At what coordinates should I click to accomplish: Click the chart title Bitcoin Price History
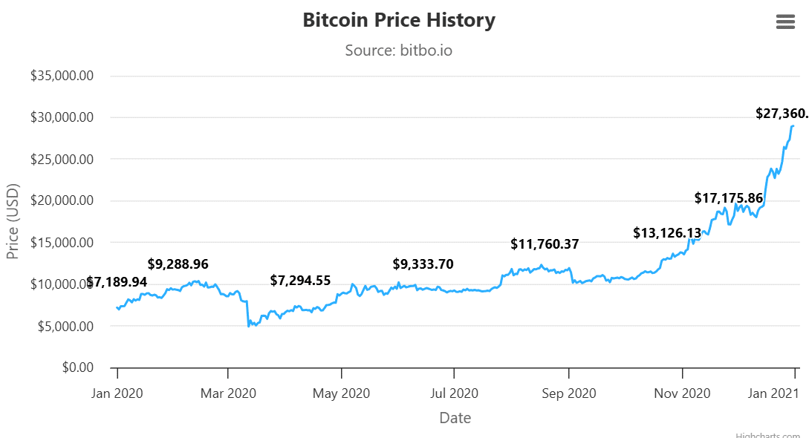pyautogui.click(x=398, y=20)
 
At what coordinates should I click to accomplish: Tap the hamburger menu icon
pyautogui.click(x=785, y=22)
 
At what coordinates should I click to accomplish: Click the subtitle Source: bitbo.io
pyautogui.click(x=398, y=50)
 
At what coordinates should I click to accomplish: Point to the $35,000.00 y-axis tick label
pyautogui.click(x=62, y=76)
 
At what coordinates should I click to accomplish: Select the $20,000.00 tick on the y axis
pyautogui.click(x=62, y=200)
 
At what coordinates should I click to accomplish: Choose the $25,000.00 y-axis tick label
pyautogui.click(x=62, y=159)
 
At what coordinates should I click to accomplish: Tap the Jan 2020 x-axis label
pyautogui.click(x=117, y=393)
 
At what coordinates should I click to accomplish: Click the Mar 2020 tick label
pyautogui.click(x=227, y=393)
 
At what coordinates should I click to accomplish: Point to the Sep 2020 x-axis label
pyautogui.click(x=568, y=393)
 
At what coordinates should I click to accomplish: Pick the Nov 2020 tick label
pyautogui.click(x=682, y=393)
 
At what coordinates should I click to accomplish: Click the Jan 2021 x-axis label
pyautogui.click(x=773, y=393)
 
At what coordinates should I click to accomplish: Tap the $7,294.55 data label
pyautogui.click(x=299, y=281)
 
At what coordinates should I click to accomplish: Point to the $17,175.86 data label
pyautogui.click(x=728, y=198)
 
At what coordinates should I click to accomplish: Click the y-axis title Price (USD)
pyautogui.click(x=13, y=221)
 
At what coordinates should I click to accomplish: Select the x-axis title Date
pyautogui.click(x=455, y=418)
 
